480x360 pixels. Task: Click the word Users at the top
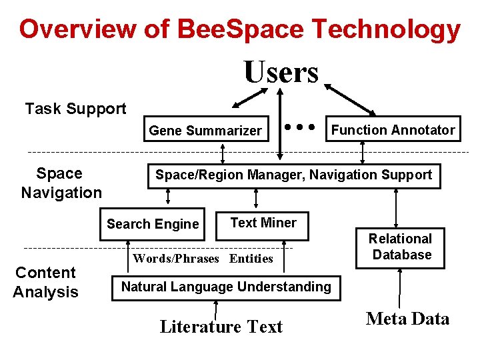click(281, 72)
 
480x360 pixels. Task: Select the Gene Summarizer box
click(205, 131)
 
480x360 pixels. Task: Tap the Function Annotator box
click(393, 130)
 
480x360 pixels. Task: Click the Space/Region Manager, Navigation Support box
click(293, 175)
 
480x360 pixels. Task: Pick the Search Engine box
click(153, 224)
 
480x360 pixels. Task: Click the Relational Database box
click(401, 247)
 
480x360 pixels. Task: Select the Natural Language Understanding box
click(225, 287)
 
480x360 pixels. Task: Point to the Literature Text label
click(221, 327)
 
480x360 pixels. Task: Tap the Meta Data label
click(408, 319)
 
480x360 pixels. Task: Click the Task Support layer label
click(75, 109)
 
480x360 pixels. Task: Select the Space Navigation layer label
click(61, 183)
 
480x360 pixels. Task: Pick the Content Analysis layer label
click(46, 282)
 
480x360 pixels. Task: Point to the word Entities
click(251, 259)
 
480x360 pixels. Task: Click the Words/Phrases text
click(176, 259)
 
